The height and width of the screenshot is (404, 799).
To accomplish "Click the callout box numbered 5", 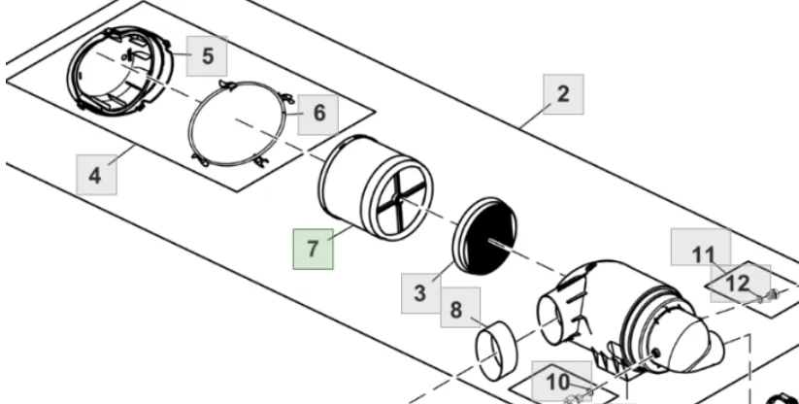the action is pyautogui.click(x=207, y=56).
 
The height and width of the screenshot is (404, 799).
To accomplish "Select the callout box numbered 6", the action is pyautogui.click(x=318, y=115).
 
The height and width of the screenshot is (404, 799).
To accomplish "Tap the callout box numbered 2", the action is pyautogui.click(x=563, y=94).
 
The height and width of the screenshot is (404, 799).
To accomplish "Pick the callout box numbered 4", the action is pyautogui.click(x=96, y=175).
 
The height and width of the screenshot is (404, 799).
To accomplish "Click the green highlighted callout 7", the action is pyautogui.click(x=313, y=250).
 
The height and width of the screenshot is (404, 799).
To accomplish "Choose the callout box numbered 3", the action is pyautogui.click(x=421, y=293).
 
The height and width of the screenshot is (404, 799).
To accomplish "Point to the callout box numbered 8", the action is pyautogui.click(x=460, y=308).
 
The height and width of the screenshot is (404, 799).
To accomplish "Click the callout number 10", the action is pyautogui.click(x=558, y=382).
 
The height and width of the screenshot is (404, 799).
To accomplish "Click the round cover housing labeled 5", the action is pyautogui.click(x=120, y=70).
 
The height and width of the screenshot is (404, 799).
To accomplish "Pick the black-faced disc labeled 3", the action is pyautogui.click(x=484, y=236).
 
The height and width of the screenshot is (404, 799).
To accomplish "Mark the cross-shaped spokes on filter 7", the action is pyautogui.click(x=401, y=201).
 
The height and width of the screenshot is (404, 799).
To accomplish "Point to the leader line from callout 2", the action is pyautogui.click(x=535, y=117).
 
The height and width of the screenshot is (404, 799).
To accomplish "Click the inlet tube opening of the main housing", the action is pyautogui.click(x=550, y=320).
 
